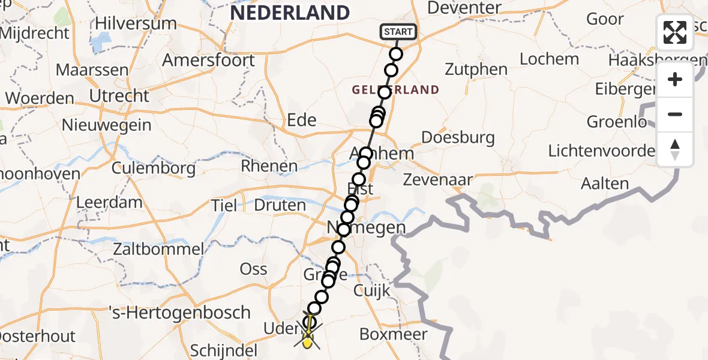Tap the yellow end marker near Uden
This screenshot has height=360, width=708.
click(308, 342)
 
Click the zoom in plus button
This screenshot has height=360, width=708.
click(675, 80)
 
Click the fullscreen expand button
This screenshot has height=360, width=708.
click(675, 32)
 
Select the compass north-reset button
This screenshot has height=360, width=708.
click(675, 149)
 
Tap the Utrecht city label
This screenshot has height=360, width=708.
click(119, 95)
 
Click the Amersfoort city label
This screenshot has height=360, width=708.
click(208, 60)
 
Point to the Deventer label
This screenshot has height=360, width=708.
click(465, 8)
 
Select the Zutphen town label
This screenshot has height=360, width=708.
click(477, 70)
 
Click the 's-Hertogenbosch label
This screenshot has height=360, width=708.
click(179, 313)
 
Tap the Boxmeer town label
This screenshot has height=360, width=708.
click(393, 334)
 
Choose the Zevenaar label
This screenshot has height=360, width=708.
click(438, 179)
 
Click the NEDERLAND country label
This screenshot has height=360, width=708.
click(289, 13)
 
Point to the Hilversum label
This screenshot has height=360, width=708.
click(136, 24)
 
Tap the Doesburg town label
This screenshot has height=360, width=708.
click(458, 137)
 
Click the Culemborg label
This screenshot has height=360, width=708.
click(153, 167)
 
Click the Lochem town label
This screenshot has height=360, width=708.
click(549, 59)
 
